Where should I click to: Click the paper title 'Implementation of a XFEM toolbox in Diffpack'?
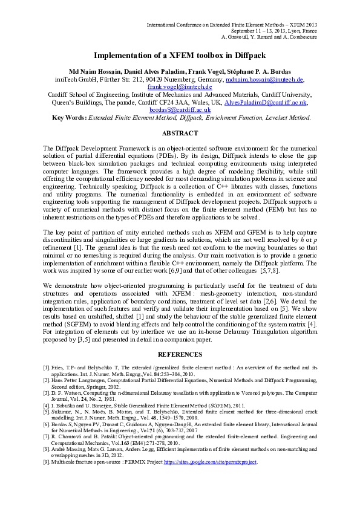180,54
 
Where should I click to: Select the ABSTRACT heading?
180,133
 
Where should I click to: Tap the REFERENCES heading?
180,354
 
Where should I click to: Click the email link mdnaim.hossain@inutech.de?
264,79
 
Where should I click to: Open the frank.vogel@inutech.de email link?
180,87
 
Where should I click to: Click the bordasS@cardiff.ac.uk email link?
180,110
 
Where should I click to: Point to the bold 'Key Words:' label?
70,118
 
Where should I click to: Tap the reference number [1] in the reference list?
46,367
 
